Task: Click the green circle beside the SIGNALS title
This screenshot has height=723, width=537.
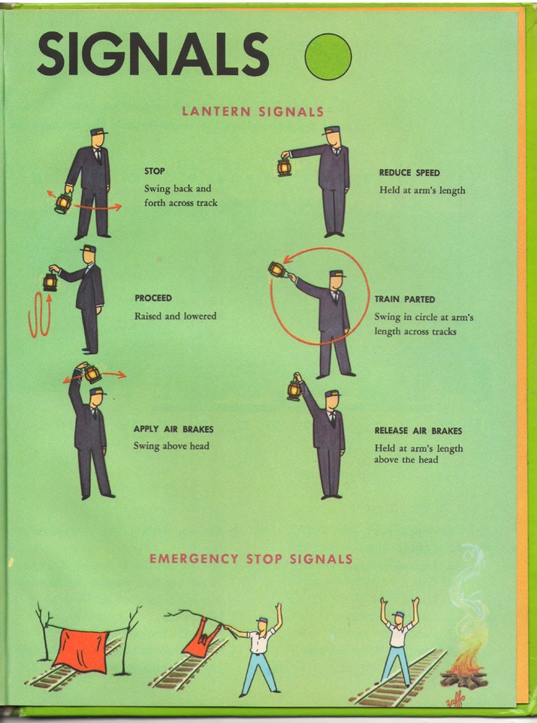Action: [x=328, y=56]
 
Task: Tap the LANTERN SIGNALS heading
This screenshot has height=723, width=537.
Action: [x=253, y=111]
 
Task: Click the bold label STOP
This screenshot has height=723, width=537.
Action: [x=155, y=171]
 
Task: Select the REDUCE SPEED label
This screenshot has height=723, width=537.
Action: [x=409, y=173]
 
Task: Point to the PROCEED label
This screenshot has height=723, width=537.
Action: [x=153, y=298]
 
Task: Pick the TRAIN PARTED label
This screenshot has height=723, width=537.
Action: [x=404, y=299]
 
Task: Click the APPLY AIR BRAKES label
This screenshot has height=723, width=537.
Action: [x=173, y=429]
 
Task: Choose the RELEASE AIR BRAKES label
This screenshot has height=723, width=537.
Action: [x=418, y=431]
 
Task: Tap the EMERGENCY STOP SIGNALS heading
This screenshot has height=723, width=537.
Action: [x=251, y=559]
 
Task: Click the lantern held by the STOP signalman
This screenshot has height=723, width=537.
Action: [x=63, y=202]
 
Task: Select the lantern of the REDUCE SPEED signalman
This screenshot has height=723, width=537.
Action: [x=285, y=166]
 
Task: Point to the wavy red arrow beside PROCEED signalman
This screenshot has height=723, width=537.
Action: [x=39, y=316]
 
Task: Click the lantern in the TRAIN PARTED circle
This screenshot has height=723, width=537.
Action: [x=277, y=269]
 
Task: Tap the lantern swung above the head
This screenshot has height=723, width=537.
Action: [x=92, y=373]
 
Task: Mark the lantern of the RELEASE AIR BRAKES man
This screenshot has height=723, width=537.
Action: [x=294, y=389]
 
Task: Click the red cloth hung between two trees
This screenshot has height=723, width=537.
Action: [x=82, y=651]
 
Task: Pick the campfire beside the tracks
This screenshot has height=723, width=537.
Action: [x=463, y=669]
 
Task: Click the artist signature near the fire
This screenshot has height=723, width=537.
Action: [x=456, y=703]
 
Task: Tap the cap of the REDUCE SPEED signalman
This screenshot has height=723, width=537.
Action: [x=331, y=131]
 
